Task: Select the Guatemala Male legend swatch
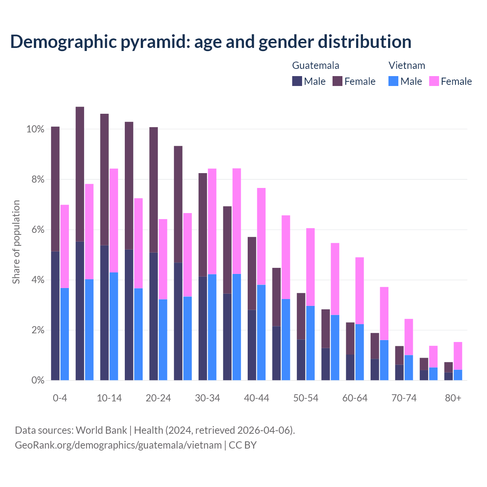click(297, 81)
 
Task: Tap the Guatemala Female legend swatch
click(337, 81)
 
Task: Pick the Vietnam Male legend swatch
click(393, 81)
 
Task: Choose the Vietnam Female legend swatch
click(434, 81)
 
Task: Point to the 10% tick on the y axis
click(35, 129)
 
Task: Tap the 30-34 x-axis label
click(207, 398)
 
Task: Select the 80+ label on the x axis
click(453, 398)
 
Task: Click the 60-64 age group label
click(355, 398)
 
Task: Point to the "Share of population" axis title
click(16, 242)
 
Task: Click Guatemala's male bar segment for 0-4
click(55, 316)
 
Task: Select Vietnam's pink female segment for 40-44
click(261, 236)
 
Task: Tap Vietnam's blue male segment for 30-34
click(212, 327)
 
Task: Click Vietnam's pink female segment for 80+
click(458, 356)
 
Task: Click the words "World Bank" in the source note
click(101, 430)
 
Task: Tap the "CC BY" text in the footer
click(243, 445)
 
